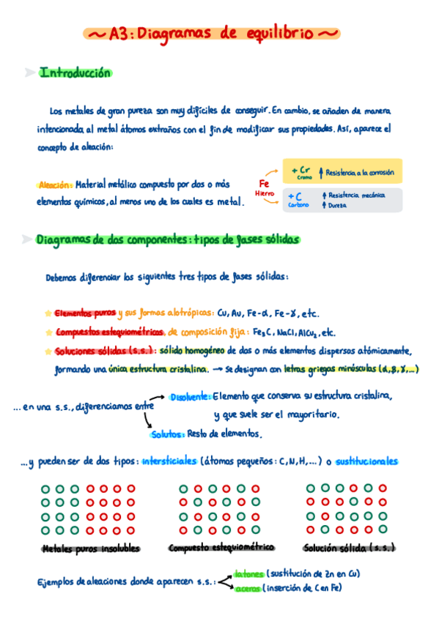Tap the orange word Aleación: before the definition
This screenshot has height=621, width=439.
tap(54, 185)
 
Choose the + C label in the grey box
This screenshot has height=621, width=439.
tap(297, 197)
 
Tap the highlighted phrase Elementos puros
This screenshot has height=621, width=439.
tap(85, 313)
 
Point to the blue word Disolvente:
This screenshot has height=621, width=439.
tap(191, 397)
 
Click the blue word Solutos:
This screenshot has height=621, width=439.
tap(167, 434)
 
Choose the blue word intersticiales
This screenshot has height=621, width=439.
tap(169, 461)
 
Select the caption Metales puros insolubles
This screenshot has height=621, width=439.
tap(91, 549)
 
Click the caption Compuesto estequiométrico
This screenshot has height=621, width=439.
tap(221, 548)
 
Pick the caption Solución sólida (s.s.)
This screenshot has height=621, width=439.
tap(350, 548)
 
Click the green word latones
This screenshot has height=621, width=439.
tap(248, 573)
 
